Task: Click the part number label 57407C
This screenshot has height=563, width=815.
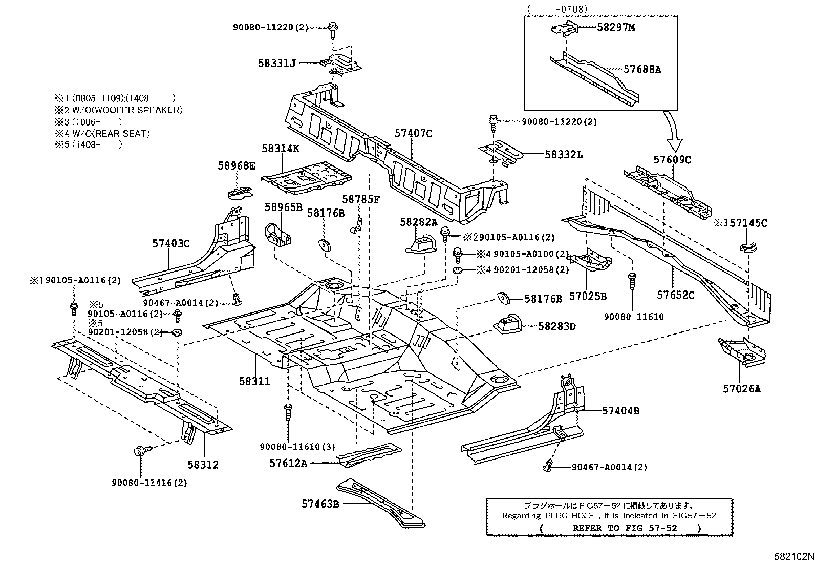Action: coord(413,134)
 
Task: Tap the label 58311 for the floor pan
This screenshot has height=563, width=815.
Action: coord(254,381)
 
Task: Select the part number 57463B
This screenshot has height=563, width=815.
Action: coord(320,504)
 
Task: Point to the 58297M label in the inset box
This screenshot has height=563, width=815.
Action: coord(616,27)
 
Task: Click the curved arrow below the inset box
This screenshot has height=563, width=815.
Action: coord(672,131)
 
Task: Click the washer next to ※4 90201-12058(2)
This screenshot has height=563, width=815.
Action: coord(457,270)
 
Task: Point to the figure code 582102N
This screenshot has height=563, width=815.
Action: coord(794,556)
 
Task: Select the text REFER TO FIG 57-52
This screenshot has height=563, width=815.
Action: coord(625,528)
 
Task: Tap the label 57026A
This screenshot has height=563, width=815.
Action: coord(741,389)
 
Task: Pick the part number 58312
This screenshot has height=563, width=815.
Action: coord(203,465)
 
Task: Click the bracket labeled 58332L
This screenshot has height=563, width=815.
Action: coord(501,154)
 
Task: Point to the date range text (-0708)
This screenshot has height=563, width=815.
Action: coord(557,9)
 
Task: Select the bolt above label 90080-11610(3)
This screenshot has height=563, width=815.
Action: coord(288,411)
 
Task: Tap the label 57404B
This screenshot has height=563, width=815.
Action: coord(620,411)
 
